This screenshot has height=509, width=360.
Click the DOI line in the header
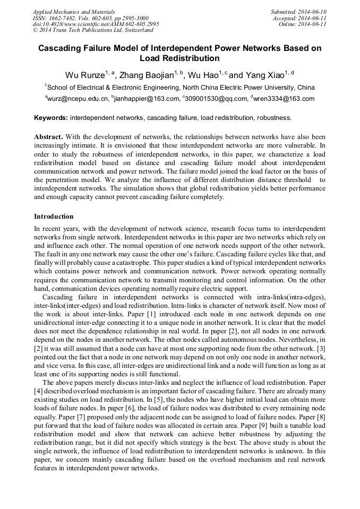(96, 24)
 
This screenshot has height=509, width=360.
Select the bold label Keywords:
(51, 117)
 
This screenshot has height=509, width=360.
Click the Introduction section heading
(54, 217)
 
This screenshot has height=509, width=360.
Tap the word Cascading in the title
(60, 48)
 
